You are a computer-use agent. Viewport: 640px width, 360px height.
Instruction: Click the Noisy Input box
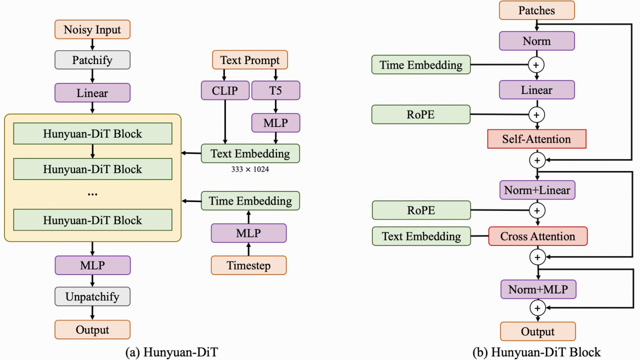tap(92, 29)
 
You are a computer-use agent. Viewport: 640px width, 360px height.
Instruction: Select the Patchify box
tap(92, 60)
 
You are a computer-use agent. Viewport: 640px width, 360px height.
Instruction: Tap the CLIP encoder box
tap(224, 90)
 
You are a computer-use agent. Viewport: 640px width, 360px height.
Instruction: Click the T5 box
tap(275, 90)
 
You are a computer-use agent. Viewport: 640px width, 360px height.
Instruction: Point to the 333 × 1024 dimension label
tap(250, 169)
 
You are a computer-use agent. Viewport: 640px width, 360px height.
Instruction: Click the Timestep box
tap(248, 265)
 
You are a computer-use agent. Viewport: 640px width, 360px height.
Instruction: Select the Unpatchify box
tap(92, 296)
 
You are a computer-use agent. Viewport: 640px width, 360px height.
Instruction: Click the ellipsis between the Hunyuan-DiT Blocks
tap(92, 194)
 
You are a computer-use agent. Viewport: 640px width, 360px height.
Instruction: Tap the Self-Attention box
tap(536, 139)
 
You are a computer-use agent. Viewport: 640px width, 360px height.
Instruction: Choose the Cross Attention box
tap(537, 236)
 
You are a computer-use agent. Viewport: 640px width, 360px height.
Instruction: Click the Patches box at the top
tap(536, 10)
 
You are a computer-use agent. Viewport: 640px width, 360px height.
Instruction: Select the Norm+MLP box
tap(537, 289)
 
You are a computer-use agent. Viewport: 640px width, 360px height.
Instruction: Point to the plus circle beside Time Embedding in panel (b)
tap(537, 64)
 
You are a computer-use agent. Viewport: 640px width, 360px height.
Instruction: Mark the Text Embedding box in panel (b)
tap(421, 236)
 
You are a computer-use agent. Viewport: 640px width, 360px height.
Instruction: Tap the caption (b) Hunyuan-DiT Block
tap(536, 351)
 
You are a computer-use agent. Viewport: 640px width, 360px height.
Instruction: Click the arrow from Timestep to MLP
tap(248, 249)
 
